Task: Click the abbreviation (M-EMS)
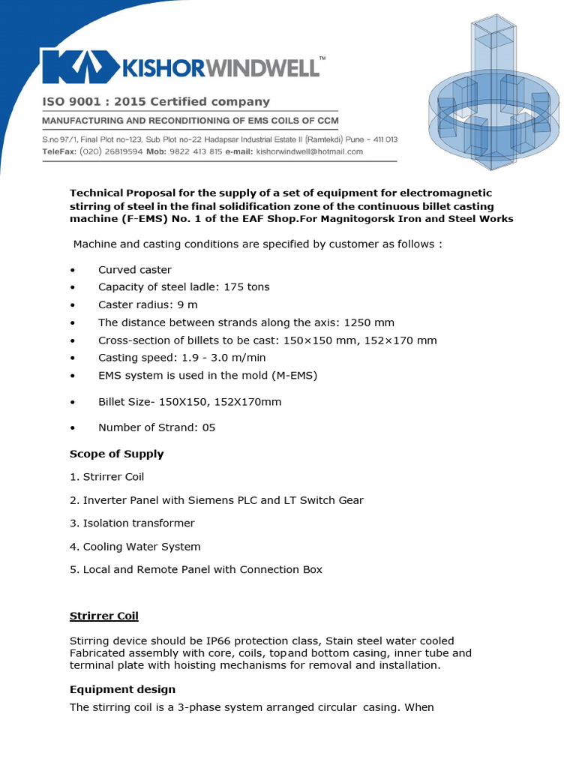(x=290, y=376)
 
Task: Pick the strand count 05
(x=208, y=428)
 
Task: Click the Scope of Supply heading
(x=116, y=454)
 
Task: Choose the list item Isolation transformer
(x=132, y=523)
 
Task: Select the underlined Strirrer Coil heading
(x=104, y=616)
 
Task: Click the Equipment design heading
(x=122, y=689)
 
